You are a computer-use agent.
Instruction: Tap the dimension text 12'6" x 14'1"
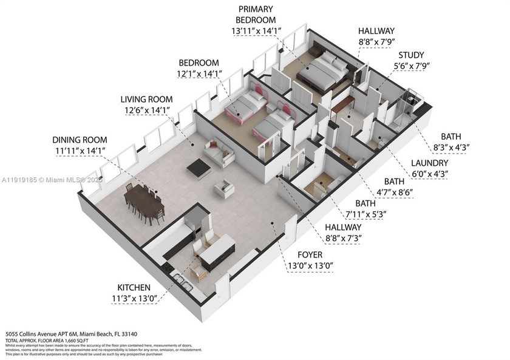[146, 110]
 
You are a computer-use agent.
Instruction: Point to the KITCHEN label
[135, 287]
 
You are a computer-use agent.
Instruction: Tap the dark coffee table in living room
[199, 168]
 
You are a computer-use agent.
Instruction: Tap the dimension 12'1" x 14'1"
[200, 73]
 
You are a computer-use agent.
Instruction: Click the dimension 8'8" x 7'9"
[376, 41]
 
